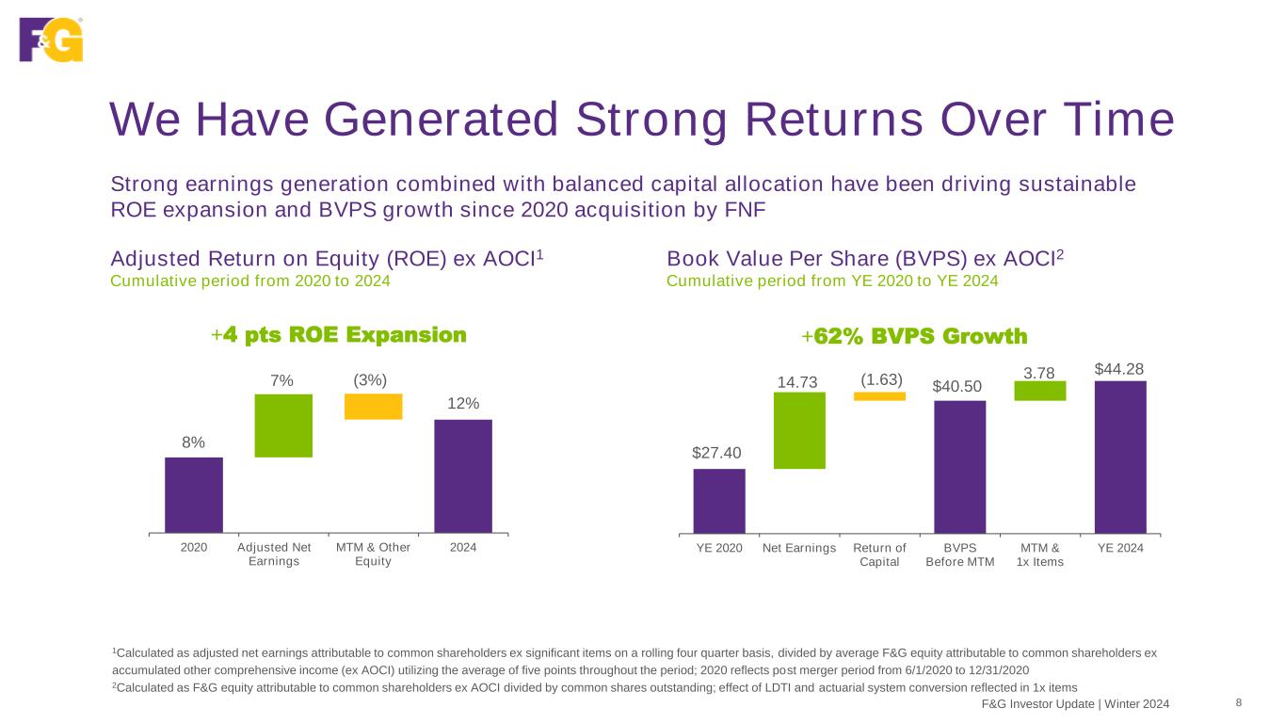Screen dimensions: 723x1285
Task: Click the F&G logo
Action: (51, 39)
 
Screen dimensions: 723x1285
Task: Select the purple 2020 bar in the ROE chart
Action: (194, 494)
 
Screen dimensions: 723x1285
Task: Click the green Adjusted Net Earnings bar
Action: (283, 426)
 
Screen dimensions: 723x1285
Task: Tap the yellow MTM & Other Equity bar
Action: (373, 406)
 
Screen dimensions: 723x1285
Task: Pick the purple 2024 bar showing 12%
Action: (462, 475)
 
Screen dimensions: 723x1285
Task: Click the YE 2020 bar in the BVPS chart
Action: (719, 500)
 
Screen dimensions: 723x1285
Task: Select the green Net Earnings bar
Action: (799, 430)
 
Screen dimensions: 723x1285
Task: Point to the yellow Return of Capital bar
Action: (879, 396)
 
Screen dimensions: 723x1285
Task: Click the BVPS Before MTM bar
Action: (959, 466)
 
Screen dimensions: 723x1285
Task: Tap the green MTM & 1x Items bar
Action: (1040, 391)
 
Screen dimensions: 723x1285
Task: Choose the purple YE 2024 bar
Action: (1120, 457)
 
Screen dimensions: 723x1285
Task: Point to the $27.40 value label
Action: (719, 454)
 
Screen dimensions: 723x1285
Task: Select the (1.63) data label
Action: (881, 379)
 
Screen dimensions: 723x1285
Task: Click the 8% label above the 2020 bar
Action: (194, 442)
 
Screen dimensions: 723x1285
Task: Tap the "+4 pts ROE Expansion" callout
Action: (339, 335)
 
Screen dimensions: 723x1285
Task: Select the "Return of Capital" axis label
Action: (879, 555)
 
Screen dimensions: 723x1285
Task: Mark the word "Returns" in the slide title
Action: (831, 120)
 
